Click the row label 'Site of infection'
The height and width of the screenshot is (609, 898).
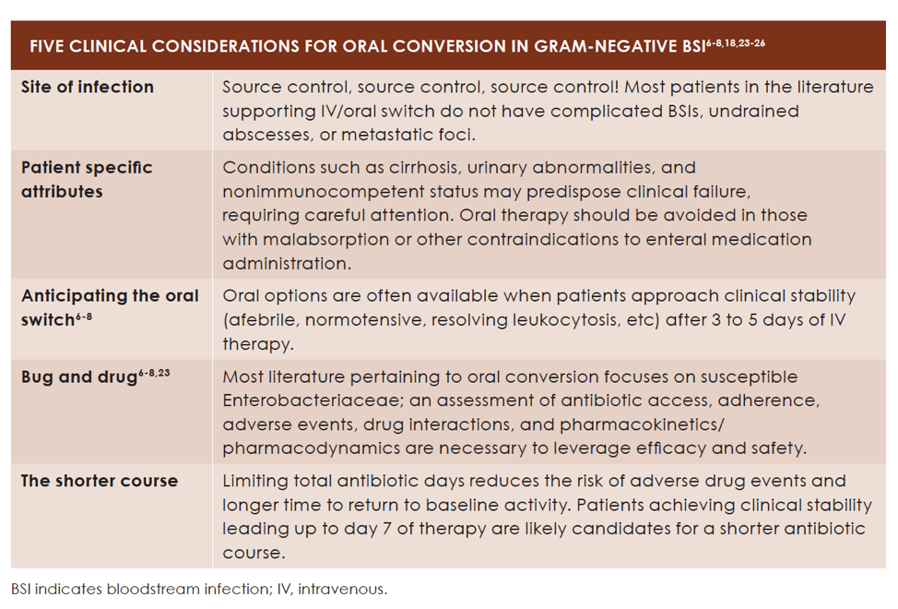point(88,87)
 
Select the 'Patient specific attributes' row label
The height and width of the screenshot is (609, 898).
point(87,180)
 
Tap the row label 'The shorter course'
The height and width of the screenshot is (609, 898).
point(100,481)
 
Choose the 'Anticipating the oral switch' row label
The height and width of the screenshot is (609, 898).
point(110,307)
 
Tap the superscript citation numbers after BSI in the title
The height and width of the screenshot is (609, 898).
point(735,42)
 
